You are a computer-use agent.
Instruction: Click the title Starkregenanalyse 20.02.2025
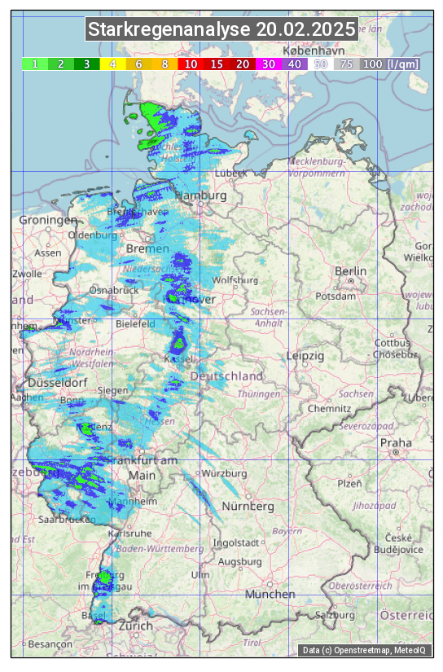pyautogui.click(x=221, y=30)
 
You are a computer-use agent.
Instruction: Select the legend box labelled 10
pyautogui.click(x=191, y=64)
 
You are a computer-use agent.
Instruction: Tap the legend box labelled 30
pyautogui.click(x=269, y=64)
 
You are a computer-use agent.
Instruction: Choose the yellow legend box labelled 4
pyautogui.click(x=113, y=64)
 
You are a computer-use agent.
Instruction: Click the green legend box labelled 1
pyautogui.click(x=35, y=64)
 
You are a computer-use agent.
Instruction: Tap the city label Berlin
pyautogui.click(x=351, y=271)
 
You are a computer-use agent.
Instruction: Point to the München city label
pyautogui.click(x=270, y=595)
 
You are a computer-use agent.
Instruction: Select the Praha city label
pyautogui.click(x=396, y=442)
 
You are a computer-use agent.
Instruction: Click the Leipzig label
pyautogui.click(x=305, y=356)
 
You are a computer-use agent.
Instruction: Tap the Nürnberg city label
pyautogui.click(x=248, y=507)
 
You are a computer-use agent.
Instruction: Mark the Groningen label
pyautogui.click(x=48, y=220)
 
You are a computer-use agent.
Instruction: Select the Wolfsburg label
pyautogui.click(x=235, y=280)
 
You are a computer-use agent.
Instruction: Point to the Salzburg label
pyautogui.click(x=336, y=615)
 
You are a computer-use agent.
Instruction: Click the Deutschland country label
pyautogui.click(x=226, y=376)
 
